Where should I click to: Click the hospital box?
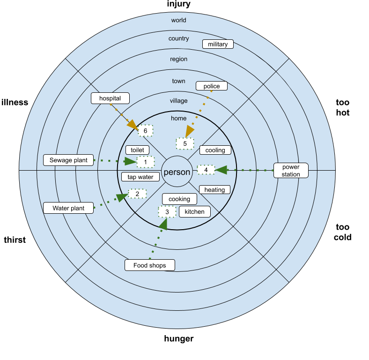click(x=110, y=98)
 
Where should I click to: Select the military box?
click(x=218, y=44)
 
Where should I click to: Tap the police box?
click(x=212, y=86)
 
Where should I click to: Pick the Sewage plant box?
click(x=68, y=160)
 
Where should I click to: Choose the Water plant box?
click(x=68, y=208)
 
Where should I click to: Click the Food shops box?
click(x=150, y=265)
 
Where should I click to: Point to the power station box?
click(x=291, y=170)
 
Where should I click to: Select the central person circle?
click(x=177, y=171)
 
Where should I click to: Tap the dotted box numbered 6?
click(x=146, y=130)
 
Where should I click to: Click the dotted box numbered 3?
click(x=167, y=212)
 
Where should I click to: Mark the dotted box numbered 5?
click(x=185, y=143)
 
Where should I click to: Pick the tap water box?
click(x=140, y=177)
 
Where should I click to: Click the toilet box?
click(x=137, y=150)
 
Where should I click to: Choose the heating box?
click(x=214, y=190)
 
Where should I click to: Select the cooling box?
click(x=215, y=150)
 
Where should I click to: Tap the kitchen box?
click(x=195, y=211)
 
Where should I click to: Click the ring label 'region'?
click(x=178, y=59)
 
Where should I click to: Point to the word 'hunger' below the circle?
click(x=179, y=338)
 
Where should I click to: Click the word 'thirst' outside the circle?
click(x=15, y=240)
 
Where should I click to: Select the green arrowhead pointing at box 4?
click(x=221, y=170)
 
